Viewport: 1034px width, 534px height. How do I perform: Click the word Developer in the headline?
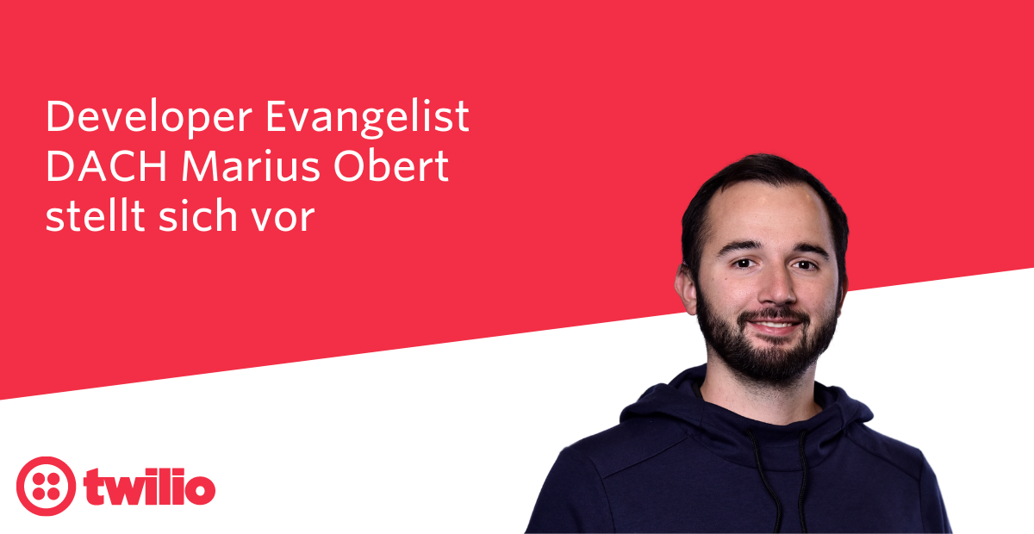point(149,118)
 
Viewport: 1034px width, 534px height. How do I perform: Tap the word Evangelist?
point(367,118)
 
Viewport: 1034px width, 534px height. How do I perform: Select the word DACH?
point(106,166)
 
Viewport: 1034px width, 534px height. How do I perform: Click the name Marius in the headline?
point(251,166)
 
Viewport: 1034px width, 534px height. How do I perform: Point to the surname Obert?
point(391,166)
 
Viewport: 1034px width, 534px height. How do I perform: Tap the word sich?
point(198,215)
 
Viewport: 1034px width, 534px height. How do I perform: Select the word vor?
point(283,220)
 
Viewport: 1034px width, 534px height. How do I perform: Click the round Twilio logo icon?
point(47,486)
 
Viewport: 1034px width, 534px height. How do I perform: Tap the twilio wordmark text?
point(150,487)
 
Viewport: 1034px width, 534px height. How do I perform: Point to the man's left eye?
point(805,265)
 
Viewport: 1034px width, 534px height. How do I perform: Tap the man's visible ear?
point(687,289)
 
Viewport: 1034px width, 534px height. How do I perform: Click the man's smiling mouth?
point(775,326)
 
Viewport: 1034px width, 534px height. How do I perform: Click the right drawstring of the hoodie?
point(803,480)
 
